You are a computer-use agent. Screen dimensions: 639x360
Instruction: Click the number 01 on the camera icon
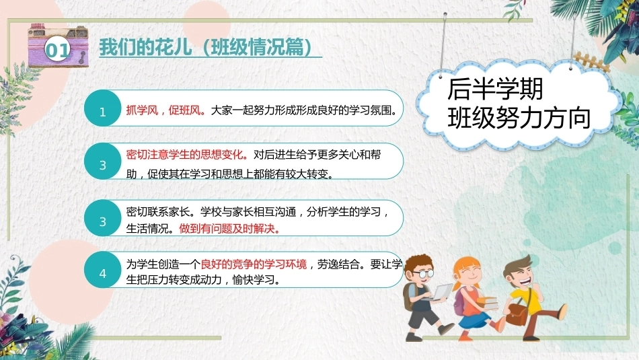57,50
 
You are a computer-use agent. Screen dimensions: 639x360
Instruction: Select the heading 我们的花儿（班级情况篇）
206,47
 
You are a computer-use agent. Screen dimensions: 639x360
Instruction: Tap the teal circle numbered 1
103,108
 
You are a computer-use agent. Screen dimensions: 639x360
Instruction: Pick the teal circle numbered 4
103,270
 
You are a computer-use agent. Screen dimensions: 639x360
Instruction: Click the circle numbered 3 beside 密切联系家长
103,218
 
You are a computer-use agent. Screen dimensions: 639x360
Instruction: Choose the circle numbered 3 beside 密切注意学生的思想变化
103,161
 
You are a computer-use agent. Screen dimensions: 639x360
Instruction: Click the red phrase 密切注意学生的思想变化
187,155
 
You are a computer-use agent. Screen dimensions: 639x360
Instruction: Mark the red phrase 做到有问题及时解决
230,229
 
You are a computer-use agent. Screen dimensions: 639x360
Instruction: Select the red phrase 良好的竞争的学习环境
254,264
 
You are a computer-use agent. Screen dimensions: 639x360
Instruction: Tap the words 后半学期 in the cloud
495,89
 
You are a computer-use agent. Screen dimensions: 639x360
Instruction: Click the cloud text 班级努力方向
519,118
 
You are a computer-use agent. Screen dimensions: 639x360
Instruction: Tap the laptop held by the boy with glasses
441,292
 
